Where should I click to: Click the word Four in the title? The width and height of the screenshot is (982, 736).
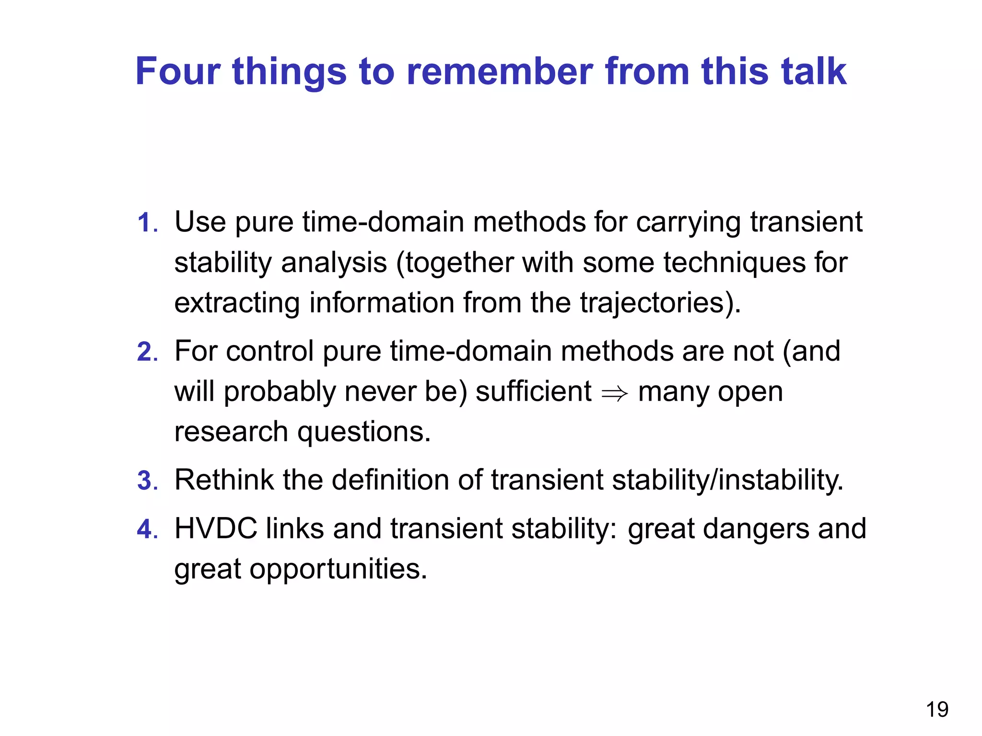click(x=177, y=71)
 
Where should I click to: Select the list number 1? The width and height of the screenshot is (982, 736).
click(x=146, y=223)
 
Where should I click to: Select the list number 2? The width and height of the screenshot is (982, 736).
click(x=146, y=352)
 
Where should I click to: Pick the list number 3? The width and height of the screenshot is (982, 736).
click(x=146, y=481)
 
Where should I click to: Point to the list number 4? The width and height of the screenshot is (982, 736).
click(x=146, y=530)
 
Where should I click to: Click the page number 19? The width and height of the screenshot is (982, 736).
click(x=936, y=710)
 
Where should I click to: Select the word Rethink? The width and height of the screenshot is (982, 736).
click(x=224, y=480)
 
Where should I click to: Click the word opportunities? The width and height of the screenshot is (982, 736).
click(x=338, y=570)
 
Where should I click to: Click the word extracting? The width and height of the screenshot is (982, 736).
click(x=237, y=304)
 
